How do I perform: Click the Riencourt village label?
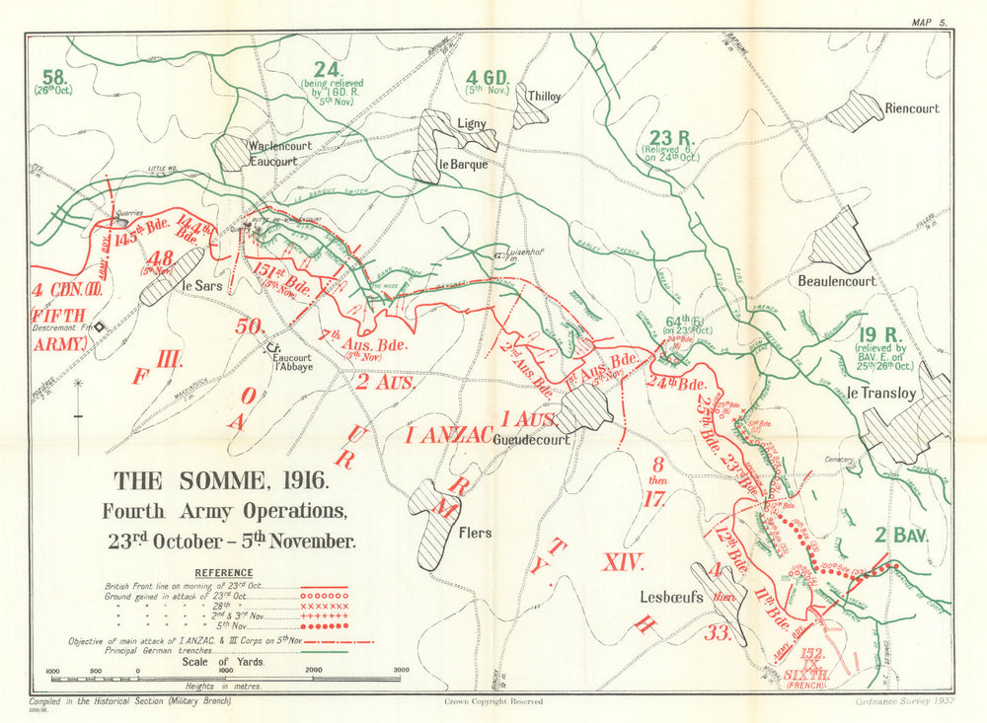(x=912, y=108)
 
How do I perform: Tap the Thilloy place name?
(x=544, y=97)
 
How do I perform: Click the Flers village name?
(x=475, y=534)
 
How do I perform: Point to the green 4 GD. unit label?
(x=486, y=77)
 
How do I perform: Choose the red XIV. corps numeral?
(x=624, y=563)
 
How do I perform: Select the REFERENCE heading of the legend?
(x=223, y=573)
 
